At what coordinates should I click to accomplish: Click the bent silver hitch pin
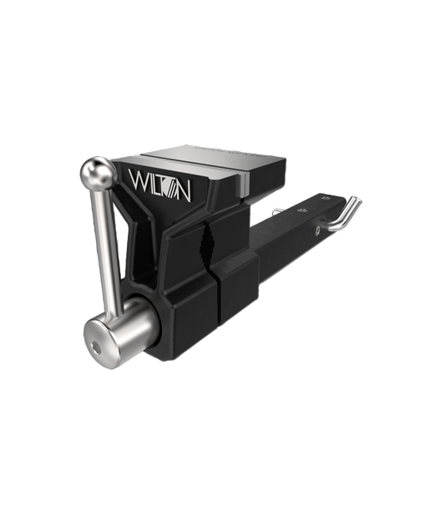point(344,214)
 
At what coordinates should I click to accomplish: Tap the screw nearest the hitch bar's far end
point(324,198)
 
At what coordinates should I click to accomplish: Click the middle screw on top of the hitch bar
point(303,210)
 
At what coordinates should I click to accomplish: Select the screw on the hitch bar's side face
point(317,230)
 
